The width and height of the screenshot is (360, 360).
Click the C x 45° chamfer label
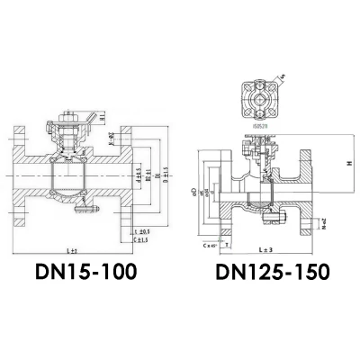(x=211, y=244)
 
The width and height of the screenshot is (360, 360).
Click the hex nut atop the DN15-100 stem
(x=67, y=117)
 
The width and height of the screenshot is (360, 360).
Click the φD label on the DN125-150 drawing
(x=193, y=190)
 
